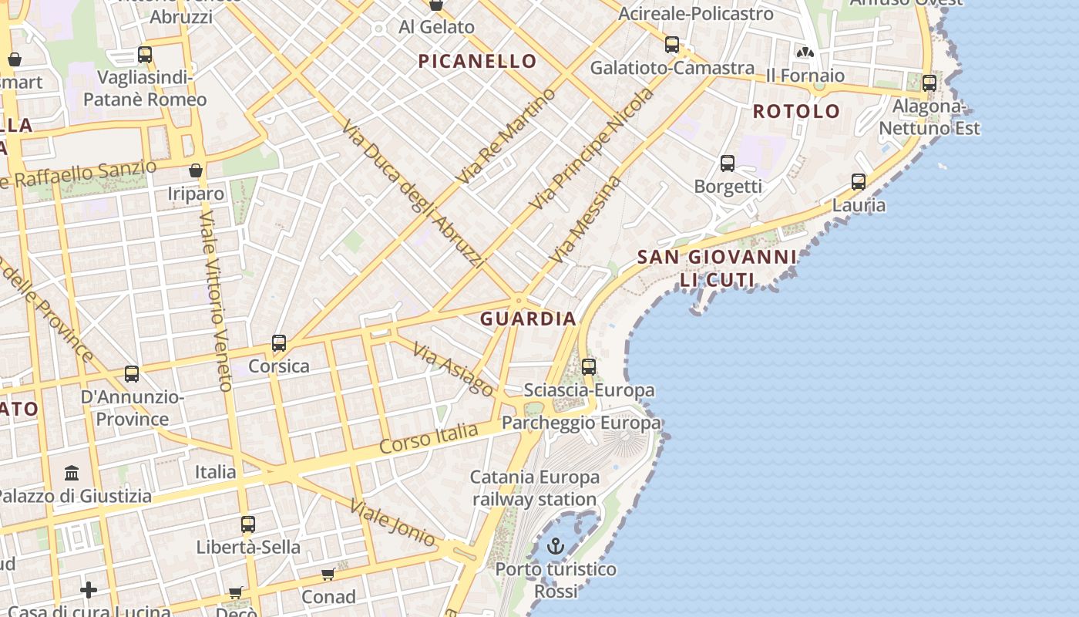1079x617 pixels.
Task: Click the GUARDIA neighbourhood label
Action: (x=528, y=319)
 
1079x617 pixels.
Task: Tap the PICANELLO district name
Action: (x=477, y=62)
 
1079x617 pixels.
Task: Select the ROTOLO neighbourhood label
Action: (x=796, y=111)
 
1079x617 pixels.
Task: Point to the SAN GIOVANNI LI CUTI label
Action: (x=717, y=268)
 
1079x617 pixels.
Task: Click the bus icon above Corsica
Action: (x=279, y=343)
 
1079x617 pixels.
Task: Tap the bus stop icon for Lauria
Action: (x=859, y=183)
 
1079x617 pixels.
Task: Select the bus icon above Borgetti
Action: (x=728, y=164)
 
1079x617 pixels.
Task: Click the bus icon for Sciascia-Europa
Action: (x=589, y=367)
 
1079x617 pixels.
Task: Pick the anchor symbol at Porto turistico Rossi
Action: (x=555, y=547)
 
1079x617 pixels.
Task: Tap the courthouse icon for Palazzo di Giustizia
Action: (x=72, y=473)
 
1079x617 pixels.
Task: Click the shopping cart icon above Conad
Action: (x=328, y=575)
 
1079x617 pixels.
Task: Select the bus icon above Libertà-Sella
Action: (x=247, y=524)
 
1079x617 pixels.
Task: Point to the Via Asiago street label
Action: (x=453, y=369)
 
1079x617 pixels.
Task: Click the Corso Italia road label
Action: (x=429, y=438)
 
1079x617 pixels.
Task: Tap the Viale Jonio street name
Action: (x=392, y=523)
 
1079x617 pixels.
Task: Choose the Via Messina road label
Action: (x=585, y=219)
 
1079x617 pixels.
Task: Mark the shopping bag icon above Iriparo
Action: (x=196, y=170)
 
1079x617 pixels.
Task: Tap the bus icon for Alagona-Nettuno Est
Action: (x=929, y=83)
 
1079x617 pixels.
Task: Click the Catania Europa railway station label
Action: (x=535, y=488)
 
